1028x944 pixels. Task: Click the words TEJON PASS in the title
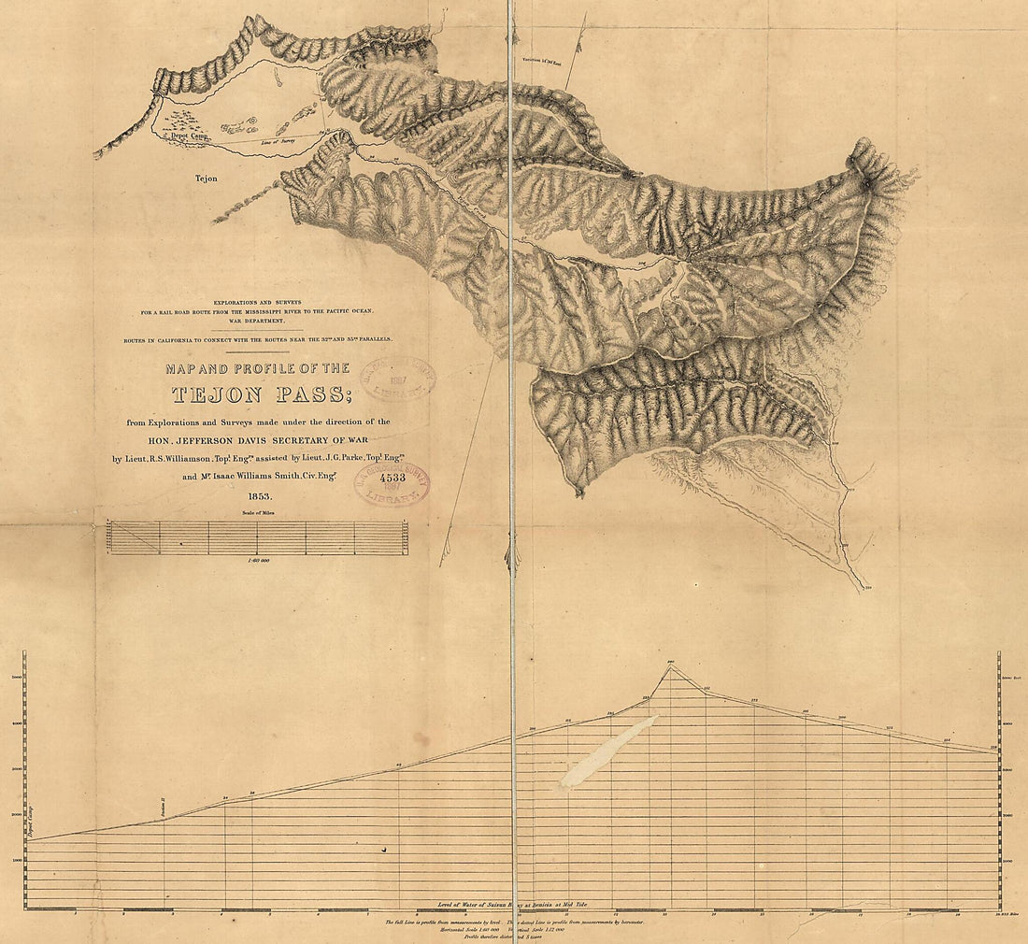(257, 395)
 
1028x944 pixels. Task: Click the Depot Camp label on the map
(190, 136)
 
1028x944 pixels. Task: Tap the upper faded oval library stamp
(400, 377)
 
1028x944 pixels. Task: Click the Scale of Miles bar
(257, 537)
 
